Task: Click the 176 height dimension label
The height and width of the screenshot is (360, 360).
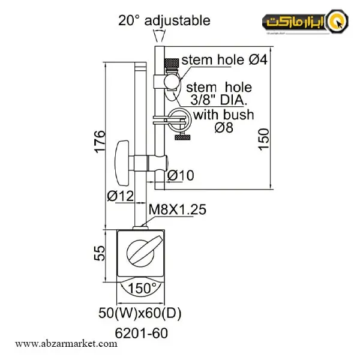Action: tap(100, 142)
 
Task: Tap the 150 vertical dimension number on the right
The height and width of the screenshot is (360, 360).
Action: tap(263, 139)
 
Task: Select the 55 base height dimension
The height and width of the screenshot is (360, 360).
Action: tap(100, 253)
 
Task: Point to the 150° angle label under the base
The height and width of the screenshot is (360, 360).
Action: tap(142, 288)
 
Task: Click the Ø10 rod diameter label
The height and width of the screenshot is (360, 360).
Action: tap(181, 175)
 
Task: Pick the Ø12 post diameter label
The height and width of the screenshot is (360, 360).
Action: tap(121, 196)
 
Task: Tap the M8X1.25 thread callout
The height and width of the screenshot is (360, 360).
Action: tap(177, 209)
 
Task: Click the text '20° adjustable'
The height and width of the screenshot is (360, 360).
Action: tap(164, 20)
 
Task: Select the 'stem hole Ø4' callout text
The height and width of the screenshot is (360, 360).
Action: tap(224, 59)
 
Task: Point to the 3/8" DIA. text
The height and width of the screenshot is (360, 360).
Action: tap(219, 100)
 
